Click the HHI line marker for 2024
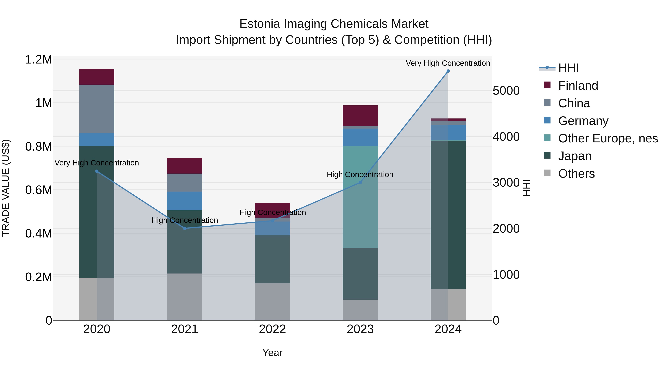click(x=448, y=71)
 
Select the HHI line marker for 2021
click(x=185, y=228)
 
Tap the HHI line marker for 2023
click(x=360, y=182)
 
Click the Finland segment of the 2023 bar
click(x=360, y=115)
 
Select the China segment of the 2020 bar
click(x=97, y=109)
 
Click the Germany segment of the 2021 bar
click(x=185, y=201)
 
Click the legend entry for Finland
click(x=578, y=86)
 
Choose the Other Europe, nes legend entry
click(x=608, y=138)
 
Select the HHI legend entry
click(x=568, y=68)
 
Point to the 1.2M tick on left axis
click(x=38, y=59)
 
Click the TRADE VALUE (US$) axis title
click(x=6, y=188)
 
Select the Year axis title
click(x=272, y=353)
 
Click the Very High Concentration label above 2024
click(x=448, y=63)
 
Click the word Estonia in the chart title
click(x=260, y=24)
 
